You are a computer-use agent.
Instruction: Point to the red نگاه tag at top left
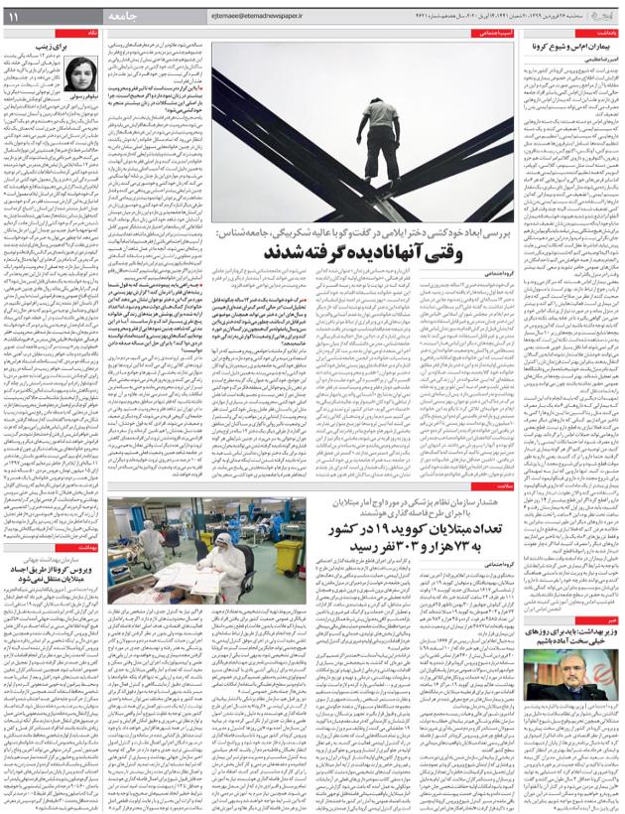[91, 33]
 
